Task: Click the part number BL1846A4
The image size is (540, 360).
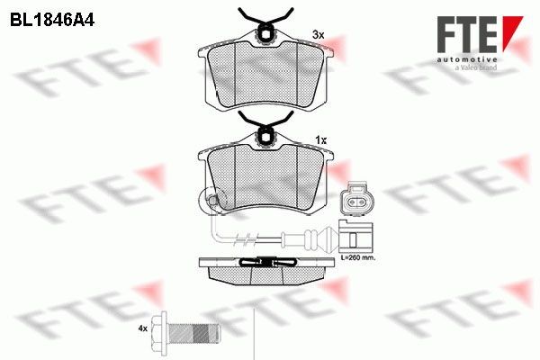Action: (54, 17)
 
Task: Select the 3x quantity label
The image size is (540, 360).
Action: (318, 34)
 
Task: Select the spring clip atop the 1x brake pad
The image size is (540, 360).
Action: (266, 129)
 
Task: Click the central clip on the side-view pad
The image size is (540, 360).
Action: (266, 262)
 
